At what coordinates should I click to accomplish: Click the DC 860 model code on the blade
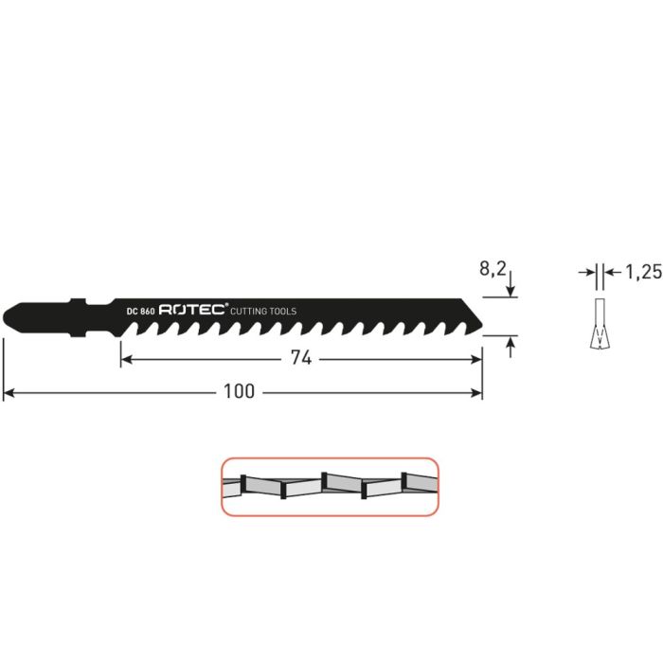139,310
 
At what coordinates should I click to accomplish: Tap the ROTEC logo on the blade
193,310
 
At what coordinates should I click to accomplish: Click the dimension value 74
302,359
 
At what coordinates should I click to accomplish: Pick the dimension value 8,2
493,269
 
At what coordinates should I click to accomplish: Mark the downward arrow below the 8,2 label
511,290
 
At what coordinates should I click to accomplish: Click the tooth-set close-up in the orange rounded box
330,487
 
